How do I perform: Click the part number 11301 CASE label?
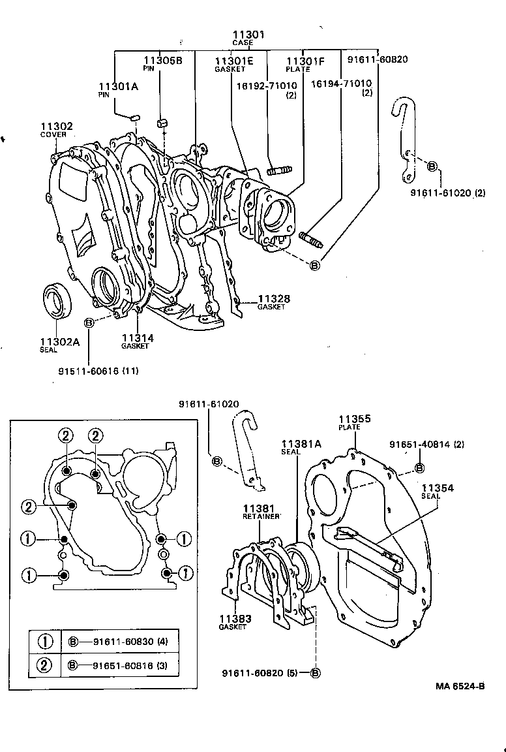click(247, 38)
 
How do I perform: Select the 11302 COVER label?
click(57, 130)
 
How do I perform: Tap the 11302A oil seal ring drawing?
click(58, 301)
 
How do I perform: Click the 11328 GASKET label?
click(273, 302)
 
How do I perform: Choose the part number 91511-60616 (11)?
click(98, 371)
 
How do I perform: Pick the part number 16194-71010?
click(341, 84)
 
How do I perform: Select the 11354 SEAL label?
click(437, 491)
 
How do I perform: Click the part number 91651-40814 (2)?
click(426, 445)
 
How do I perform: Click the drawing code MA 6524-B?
click(460, 686)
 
